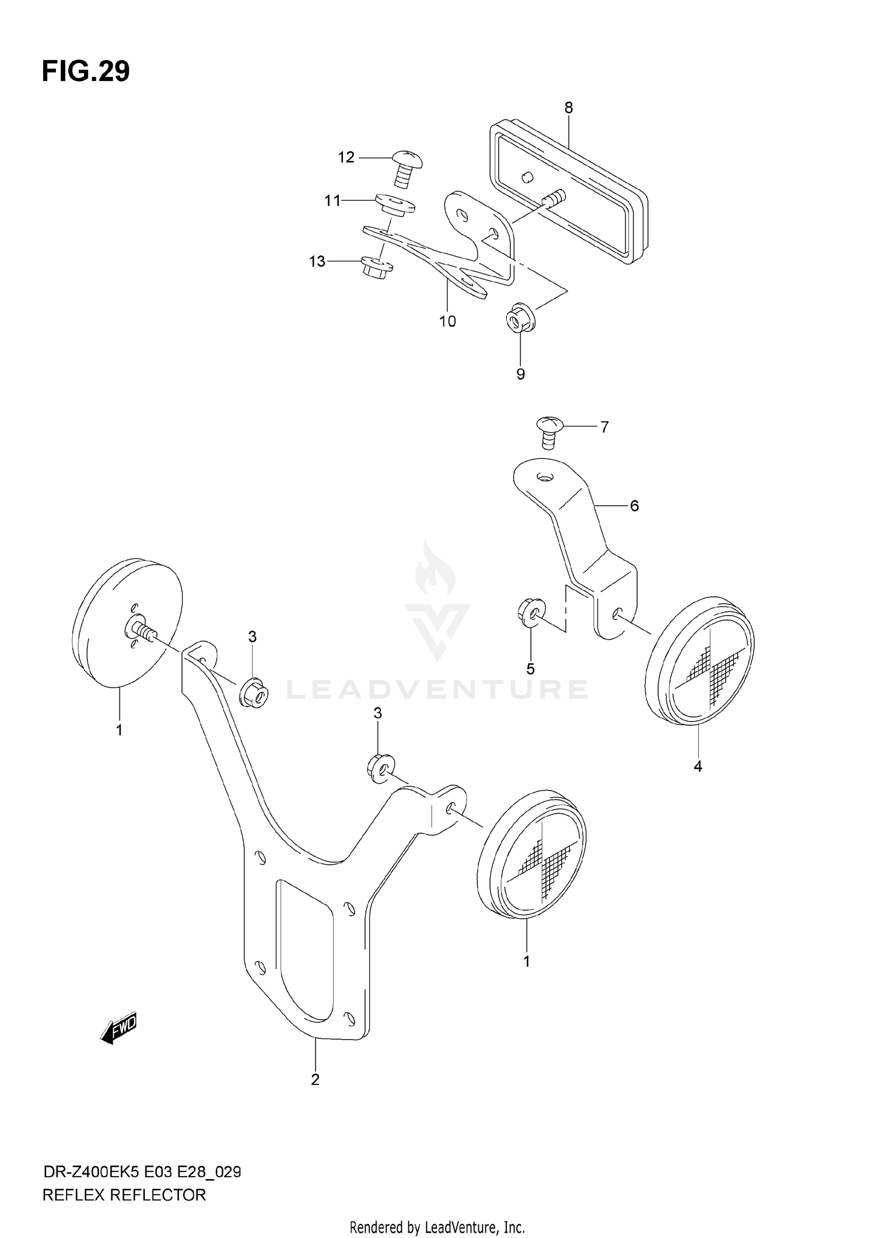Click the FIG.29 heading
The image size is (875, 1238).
[86, 72]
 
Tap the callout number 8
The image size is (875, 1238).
[568, 108]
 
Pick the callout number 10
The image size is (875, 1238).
[447, 321]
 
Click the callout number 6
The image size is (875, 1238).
[634, 506]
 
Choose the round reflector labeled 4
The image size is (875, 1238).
[700, 660]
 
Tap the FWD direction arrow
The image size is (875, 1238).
[118, 1029]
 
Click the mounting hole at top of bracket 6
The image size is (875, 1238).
[544, 478]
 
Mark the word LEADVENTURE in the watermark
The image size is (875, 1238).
[437, 690]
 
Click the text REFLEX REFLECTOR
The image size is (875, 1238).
[124, 1195]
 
